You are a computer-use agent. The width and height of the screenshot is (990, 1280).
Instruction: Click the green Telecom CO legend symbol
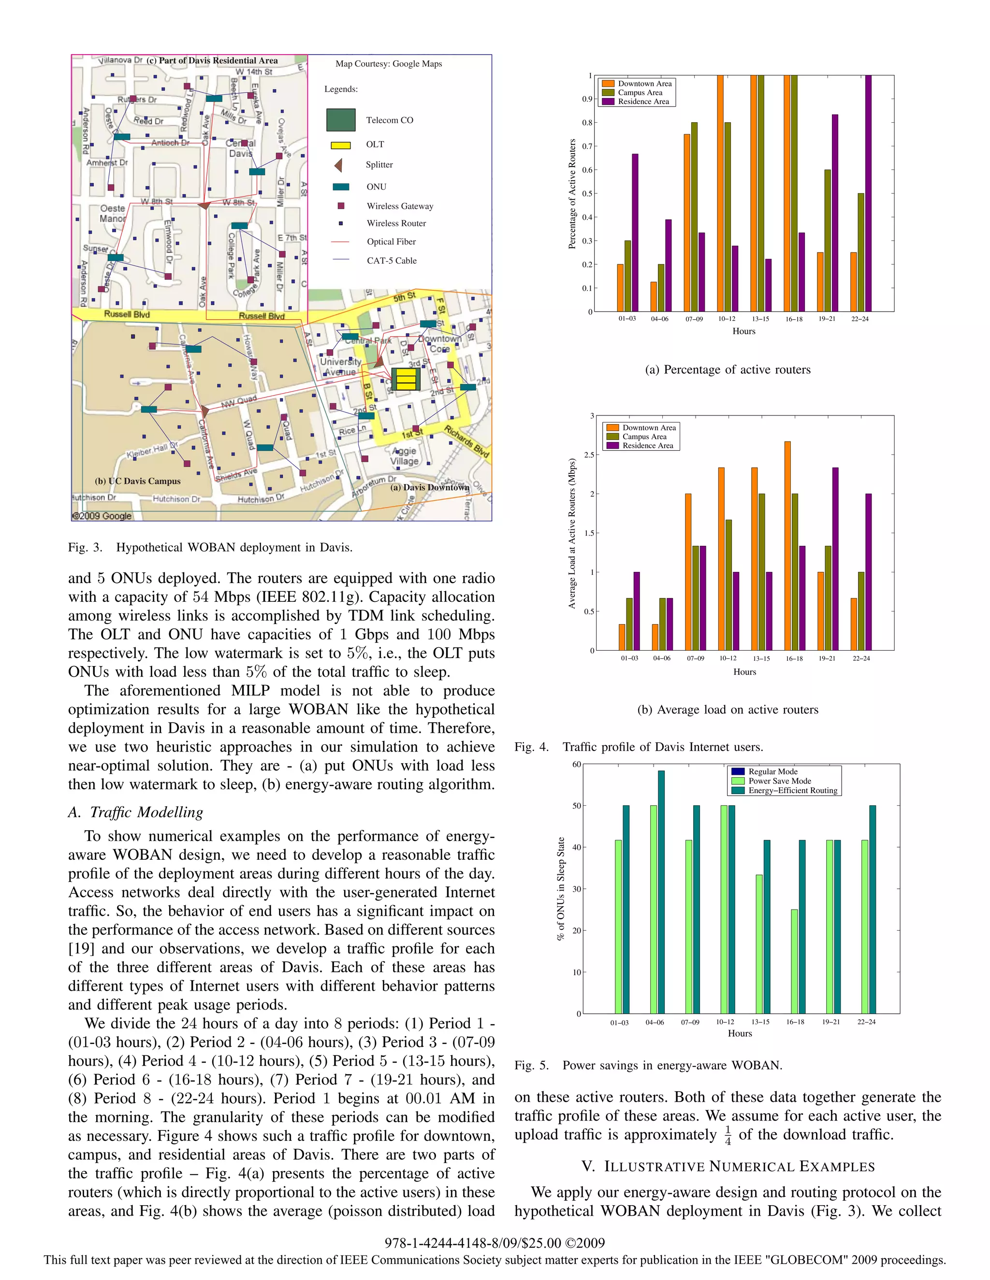(x=341, y=120)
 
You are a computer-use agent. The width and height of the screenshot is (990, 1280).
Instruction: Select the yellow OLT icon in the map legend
(x=341, y=145)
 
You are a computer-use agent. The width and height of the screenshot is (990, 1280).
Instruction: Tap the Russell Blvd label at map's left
(x=127, y=314)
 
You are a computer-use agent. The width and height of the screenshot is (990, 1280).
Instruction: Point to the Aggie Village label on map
(x=405, y=456)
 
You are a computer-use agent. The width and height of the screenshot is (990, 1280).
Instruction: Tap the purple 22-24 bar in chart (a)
(x=868, y=193)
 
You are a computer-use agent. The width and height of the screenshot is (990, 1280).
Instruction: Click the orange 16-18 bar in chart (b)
(x=787, y=545)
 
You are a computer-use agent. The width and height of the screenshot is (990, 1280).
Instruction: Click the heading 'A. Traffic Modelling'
(x=135, y=812)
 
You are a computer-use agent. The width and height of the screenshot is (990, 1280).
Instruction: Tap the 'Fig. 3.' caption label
(x=85, y=547)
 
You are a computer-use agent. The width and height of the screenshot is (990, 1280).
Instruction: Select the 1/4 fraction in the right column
(x=728, y=1135)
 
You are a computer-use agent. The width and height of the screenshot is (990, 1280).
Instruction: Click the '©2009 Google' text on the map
(x=102, y=516)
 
